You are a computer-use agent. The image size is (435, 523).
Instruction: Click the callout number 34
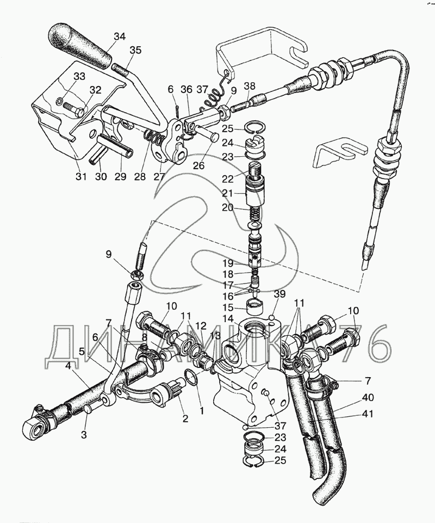[120, 36]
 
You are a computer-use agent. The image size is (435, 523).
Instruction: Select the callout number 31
[80, 176]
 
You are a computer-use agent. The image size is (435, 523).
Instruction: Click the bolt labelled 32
[73, 109]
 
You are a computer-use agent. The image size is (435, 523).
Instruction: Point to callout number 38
[249, 86]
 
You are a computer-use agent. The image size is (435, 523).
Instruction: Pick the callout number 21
[228, 193]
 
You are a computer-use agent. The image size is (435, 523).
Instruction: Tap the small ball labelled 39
[272, 317]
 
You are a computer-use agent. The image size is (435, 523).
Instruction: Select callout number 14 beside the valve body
[228, 318]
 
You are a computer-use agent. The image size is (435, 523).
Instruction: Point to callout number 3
[84, 435]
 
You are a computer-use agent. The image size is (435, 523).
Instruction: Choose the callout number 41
[368, 414]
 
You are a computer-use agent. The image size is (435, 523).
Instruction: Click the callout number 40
[368, 397]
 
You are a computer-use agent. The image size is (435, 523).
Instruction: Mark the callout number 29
[121, 176]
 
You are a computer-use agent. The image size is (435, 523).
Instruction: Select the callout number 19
[228, 263]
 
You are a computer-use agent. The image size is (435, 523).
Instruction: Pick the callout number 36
[187, 89]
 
